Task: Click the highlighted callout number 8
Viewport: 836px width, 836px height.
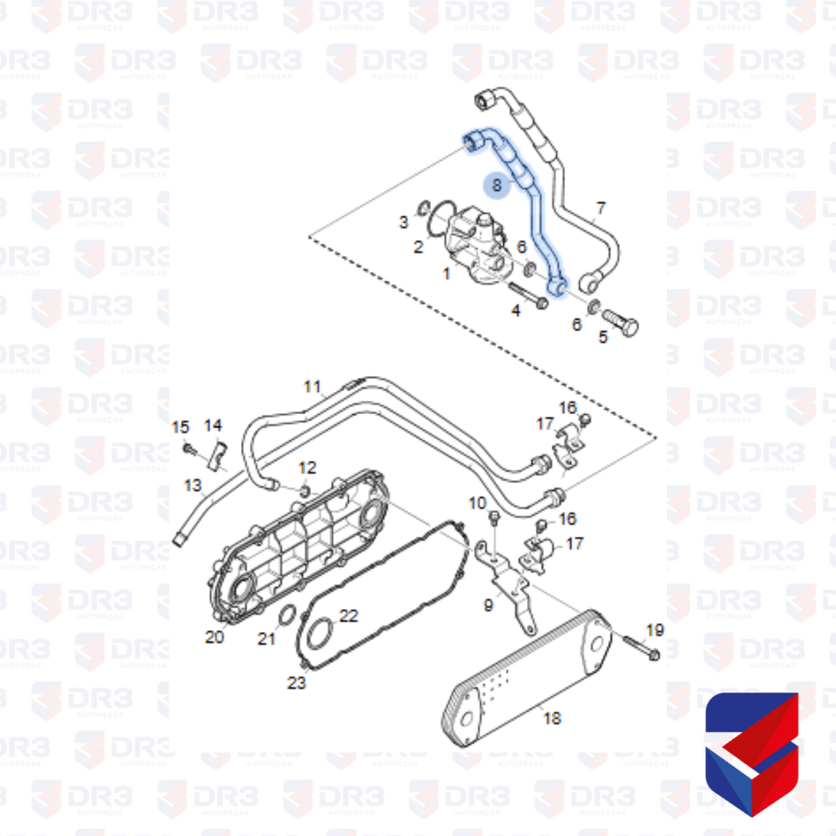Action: click(x=496, y=185)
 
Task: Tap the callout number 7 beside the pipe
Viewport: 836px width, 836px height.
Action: click(x=601, y=207)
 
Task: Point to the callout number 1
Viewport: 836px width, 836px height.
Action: click(x=447, y=274)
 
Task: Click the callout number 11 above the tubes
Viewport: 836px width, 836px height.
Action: click(x=313, y=386)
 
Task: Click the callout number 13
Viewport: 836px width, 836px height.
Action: click(x=193, y=484)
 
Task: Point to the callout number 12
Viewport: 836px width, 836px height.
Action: click(x=307, y=468)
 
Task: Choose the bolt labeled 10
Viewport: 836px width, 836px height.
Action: click(x=494, y=518)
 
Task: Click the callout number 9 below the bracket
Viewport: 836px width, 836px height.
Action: click(x=489, y=605)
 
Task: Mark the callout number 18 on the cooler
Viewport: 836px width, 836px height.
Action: click(x=552, y=718)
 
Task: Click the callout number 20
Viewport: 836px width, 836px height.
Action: click(x=214, y=636)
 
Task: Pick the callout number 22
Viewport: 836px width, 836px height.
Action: click(x=349, y=615)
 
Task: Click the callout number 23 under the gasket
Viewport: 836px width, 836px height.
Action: click(x=297, y=683)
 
